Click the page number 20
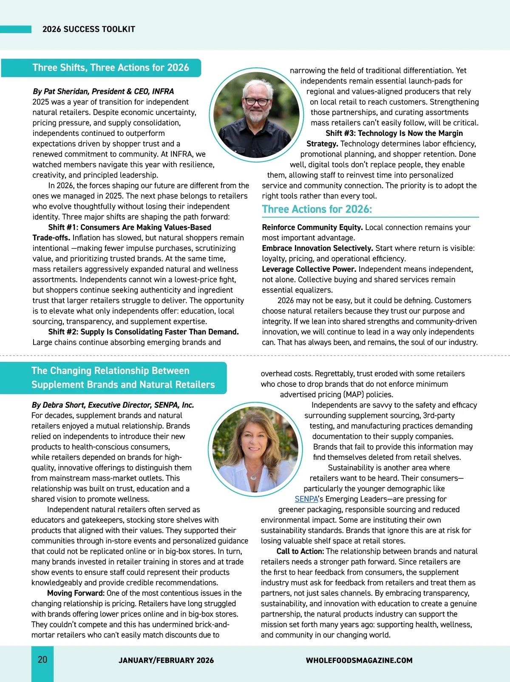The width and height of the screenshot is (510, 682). (42, 659)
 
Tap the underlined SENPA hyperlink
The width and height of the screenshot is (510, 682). (306, 499)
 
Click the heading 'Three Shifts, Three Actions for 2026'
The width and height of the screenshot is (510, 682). (110, 68)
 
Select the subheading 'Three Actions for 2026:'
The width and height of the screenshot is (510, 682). (317, 209)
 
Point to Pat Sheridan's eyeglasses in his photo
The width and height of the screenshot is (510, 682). (256, 101)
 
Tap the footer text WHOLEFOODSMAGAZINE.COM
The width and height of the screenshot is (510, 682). (359, 660)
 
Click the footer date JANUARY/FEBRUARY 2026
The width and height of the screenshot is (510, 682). (166, 660)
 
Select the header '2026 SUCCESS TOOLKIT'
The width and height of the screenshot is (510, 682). (89, 29)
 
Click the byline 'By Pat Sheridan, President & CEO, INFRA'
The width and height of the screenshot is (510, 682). (103, 91)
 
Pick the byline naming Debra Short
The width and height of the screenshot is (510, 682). (113, 405)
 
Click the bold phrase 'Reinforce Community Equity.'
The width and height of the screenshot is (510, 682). (312, 227)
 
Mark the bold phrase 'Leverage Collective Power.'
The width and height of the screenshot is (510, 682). (309, 269)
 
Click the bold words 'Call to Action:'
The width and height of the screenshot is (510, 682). (300, 551)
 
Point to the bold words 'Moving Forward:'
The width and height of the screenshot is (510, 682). (76, 593)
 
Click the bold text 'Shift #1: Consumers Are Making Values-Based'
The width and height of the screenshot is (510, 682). (130, 227)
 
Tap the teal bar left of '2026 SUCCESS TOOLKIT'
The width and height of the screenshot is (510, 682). (16, 29)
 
